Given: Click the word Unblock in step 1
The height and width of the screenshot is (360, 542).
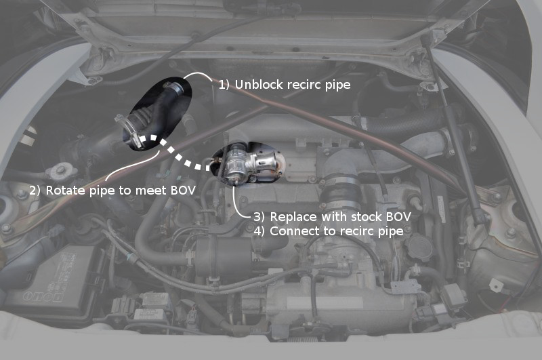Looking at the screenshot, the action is [259, 84].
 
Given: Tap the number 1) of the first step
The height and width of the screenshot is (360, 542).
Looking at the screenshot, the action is [224, 85].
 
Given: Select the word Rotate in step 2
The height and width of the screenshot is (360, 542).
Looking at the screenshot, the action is [66, 191].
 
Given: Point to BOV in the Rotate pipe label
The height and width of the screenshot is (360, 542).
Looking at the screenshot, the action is [183, 191].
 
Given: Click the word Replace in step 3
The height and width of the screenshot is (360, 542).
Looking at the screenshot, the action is [293, 217].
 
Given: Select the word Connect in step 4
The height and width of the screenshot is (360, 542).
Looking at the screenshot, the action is [294, 231].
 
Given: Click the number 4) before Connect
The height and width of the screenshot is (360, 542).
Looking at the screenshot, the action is [259, 231].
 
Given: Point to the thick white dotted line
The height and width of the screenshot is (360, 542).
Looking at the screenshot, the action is [173, 151].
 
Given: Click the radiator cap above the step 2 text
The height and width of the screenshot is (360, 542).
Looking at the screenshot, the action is [61, 171].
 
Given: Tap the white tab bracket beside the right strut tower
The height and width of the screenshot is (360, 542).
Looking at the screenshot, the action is [497, 285].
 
